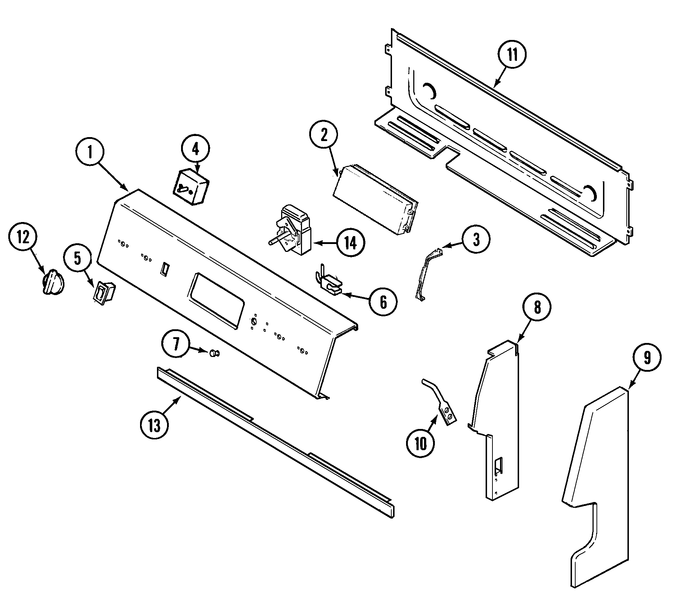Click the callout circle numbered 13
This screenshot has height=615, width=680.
[x=154, y=425]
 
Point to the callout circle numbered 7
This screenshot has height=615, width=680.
[x=176, y=345]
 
